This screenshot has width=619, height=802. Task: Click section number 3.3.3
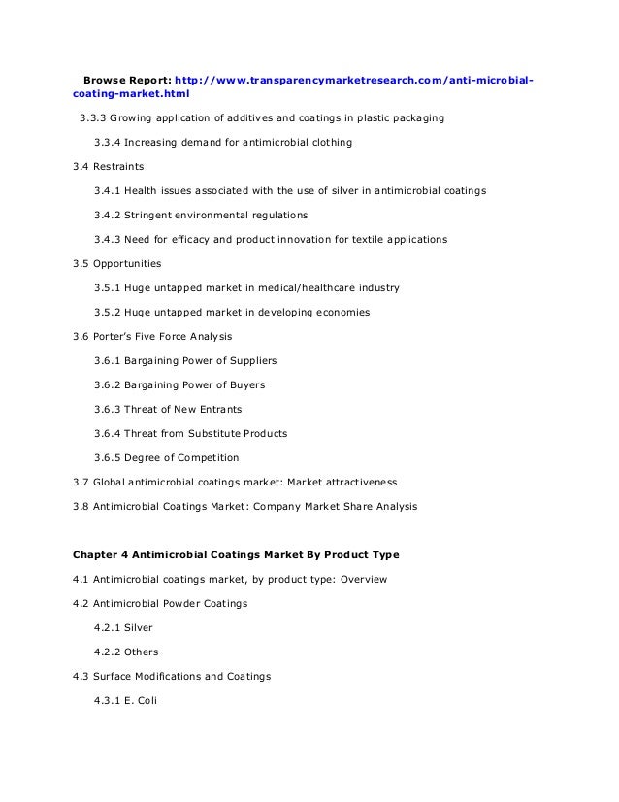pos(93,118)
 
